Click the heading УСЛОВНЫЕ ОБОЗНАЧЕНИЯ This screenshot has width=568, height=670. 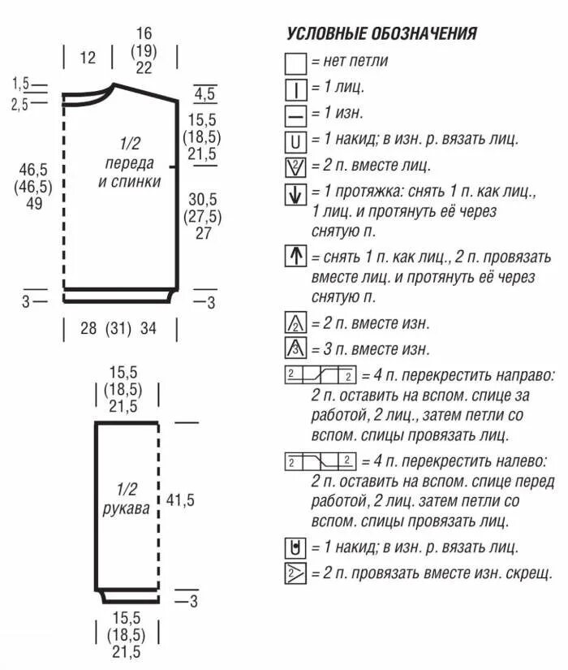381,33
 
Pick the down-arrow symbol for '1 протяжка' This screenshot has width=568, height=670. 295,195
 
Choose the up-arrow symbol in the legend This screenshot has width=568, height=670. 295,257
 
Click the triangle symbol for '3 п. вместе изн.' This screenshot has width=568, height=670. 295,349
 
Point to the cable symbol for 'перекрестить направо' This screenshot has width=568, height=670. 321,376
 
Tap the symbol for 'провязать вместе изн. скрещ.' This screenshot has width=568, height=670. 295,574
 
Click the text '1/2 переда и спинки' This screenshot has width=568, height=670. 130,162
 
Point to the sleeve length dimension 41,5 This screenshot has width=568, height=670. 180,500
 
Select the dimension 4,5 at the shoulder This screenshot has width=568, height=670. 204,93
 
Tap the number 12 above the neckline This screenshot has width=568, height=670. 88,58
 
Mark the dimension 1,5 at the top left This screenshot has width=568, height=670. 20,84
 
